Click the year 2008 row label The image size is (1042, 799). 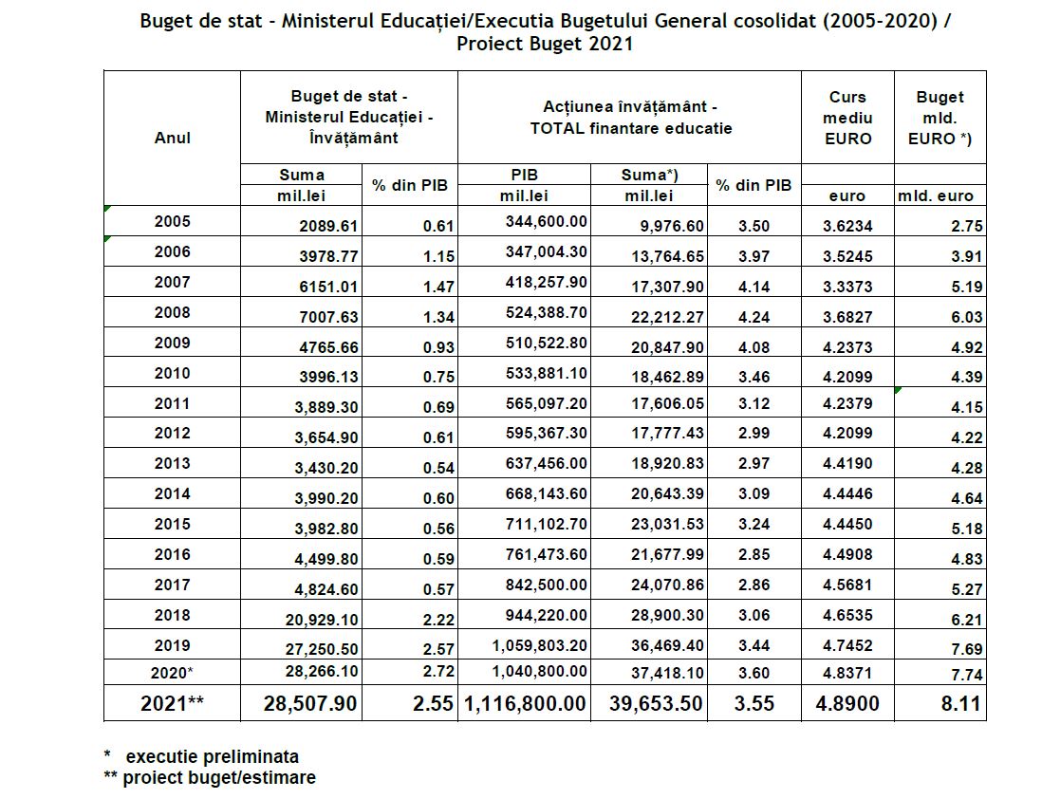pyautogui.click(x=172, y=312)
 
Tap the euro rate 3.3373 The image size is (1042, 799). pyautogui.click(x=847, y=287)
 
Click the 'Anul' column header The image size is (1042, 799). pyautogui.click(x=172, y=137)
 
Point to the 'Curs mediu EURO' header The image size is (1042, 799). pyautogui.click(x=847, y=118)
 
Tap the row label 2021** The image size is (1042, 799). pyautogui.click(x=172, y=705)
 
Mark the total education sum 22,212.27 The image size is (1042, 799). pyautogui.click(x=663, y=317)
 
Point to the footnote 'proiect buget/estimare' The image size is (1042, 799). pyautogui.click(x=219, y=777)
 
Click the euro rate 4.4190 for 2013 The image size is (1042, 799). pyautogui.click(x=847, y=464)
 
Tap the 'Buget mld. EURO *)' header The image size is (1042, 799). pyautogui.click(x=940, y=118)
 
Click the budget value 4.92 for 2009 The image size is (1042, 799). pyautogui.click(x=966, y=347)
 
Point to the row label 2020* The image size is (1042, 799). pyautogui.click(x=172, y=675)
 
